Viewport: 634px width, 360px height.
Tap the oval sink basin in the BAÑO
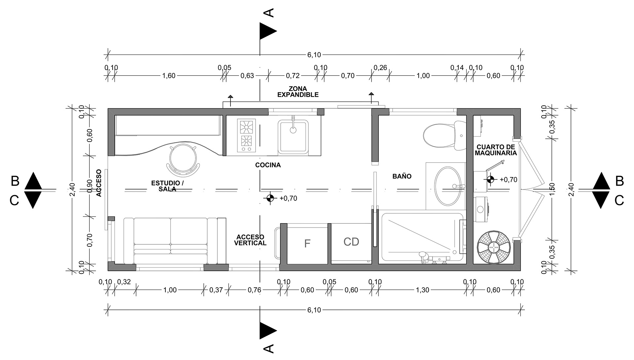point(447,186)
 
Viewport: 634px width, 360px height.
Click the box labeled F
point(307,244)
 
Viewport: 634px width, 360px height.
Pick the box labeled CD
point(351,242)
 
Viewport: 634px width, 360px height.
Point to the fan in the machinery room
point(494,247)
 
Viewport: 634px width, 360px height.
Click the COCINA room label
point(268,165)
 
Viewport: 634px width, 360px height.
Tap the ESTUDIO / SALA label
point(166,186)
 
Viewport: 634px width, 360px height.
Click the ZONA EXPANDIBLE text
point(298,92)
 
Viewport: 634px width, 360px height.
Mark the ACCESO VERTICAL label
point(250,240)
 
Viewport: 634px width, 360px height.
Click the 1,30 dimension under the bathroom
point(422,290)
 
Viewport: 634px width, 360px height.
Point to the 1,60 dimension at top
point(169,76)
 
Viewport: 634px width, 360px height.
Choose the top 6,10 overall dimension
point(314,55)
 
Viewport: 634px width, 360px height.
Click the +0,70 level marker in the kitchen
point(270,198)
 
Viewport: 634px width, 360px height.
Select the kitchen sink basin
point(293,137)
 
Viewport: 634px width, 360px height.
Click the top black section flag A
point(267,31)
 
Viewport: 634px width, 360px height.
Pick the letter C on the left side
point(14,200)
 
